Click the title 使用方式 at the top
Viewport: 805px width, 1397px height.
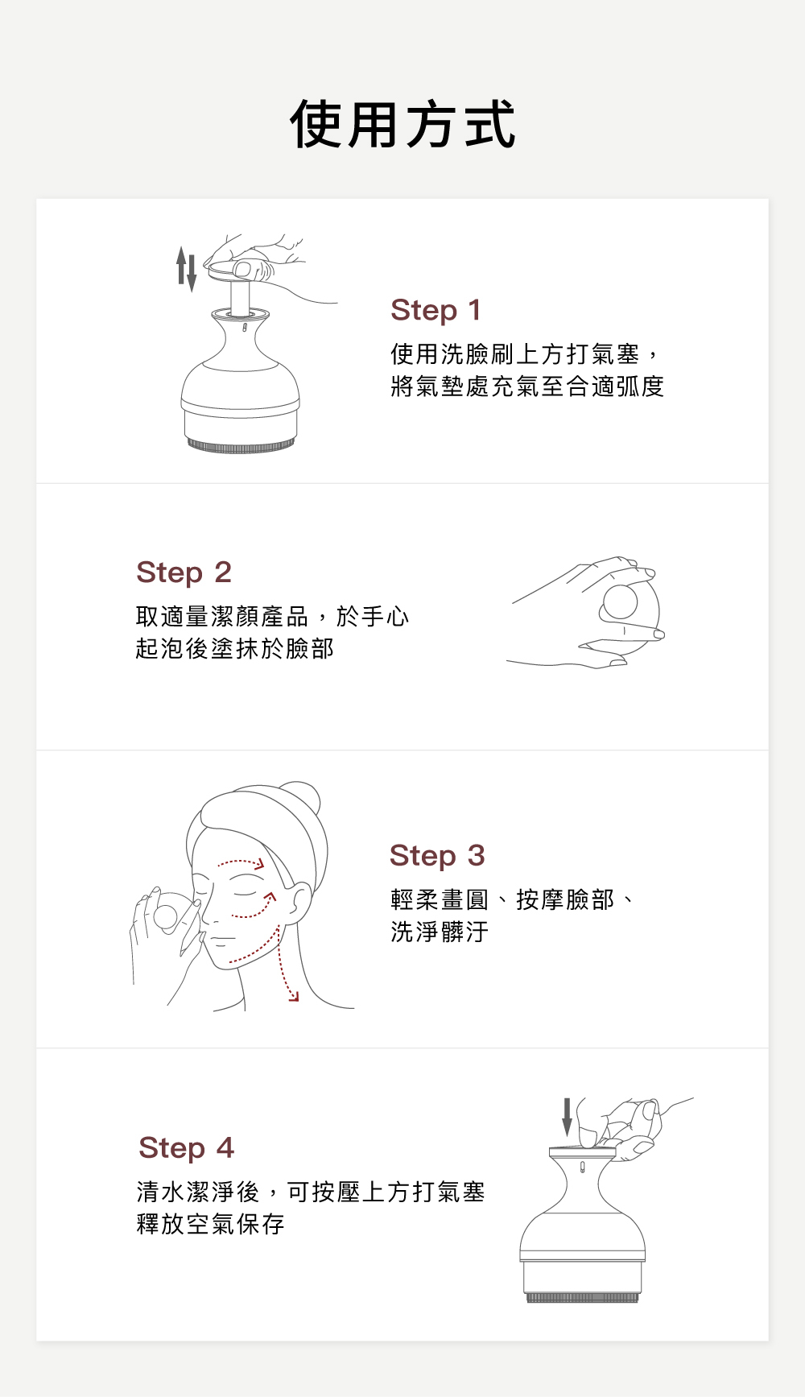tap(402, 125)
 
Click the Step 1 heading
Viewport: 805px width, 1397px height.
tap(436, 310)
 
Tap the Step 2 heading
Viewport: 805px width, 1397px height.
tap(184, 572)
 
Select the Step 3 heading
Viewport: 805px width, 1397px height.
tap(437, 855)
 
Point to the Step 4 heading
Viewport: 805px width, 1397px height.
tap(186, 1147)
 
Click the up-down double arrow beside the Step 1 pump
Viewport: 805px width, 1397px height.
tap(187, 269)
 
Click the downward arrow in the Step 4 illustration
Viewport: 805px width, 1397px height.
tap(567, 1117)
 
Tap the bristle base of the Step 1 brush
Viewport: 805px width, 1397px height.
tap(241, 445)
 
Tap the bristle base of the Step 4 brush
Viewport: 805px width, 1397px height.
tap(582, 1297)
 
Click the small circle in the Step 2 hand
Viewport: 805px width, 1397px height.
tap(621, 601)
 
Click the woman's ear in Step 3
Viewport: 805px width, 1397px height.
tap(299, 902)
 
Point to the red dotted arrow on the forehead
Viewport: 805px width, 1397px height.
tap(241, 864)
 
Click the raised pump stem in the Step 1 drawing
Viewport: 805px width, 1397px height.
tap(241, 296)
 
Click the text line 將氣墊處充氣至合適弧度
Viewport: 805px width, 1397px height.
tap(527, 386)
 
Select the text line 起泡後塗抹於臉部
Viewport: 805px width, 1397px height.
tap(235, 648)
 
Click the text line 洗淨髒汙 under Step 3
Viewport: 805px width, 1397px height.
tap(440, 932)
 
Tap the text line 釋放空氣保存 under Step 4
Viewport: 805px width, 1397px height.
tap(211, 1224)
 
